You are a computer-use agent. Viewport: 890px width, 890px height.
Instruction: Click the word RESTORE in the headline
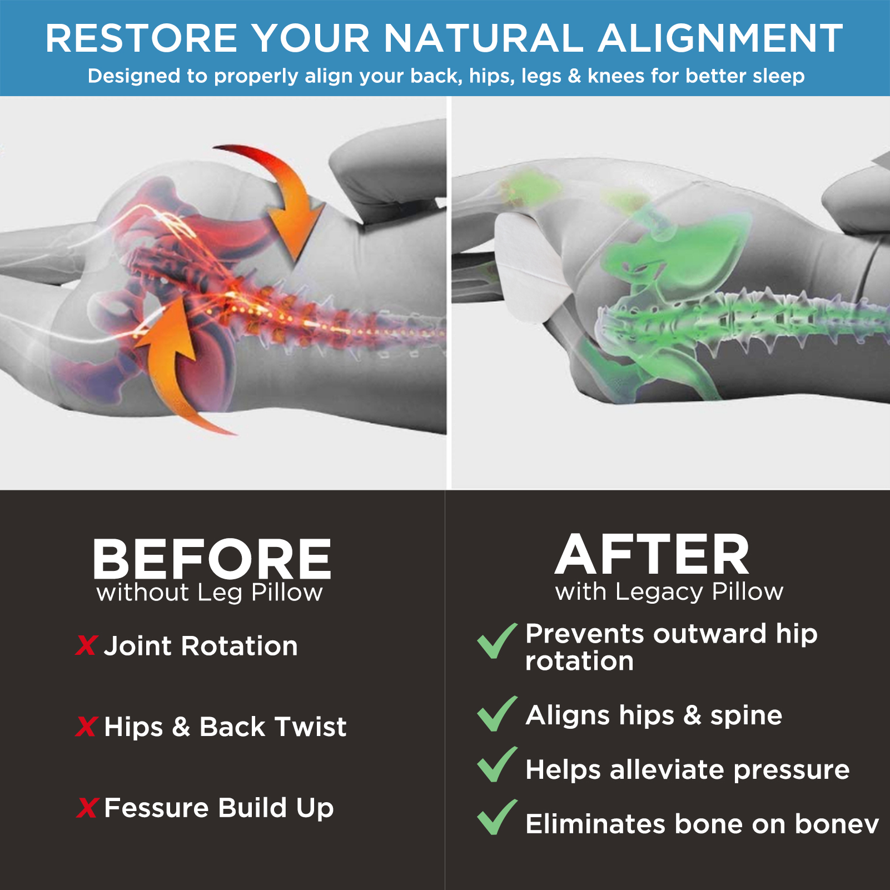(x=142, y=38)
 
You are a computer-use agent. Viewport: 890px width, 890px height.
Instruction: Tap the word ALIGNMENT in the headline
(x=720, y=38)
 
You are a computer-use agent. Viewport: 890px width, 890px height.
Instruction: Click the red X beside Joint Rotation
(x=87, y=646)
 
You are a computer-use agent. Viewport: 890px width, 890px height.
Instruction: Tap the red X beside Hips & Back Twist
(x=87, y=727)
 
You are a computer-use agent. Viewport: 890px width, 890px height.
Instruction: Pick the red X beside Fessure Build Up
(x=88, y=808)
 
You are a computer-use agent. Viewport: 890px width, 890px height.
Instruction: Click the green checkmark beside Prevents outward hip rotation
(x=497, y=641)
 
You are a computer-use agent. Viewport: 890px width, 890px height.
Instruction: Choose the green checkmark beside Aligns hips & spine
(x=497, y=714)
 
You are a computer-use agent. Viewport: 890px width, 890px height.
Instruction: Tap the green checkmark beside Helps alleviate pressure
(x=497, y=765)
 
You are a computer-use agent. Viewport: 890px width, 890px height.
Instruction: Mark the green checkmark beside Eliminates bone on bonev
(x=497, y=818)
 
